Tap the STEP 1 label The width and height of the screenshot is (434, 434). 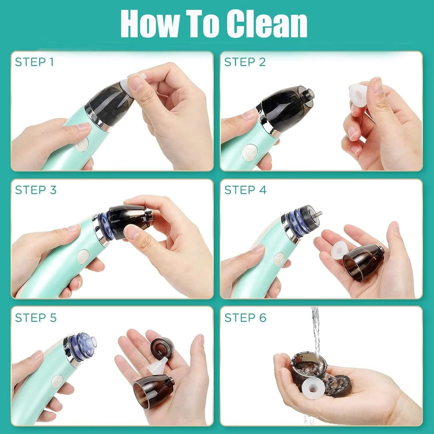(x=34, y=62)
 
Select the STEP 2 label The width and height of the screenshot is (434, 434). (x=245, y=62)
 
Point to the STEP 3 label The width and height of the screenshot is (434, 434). (x=36, y=190)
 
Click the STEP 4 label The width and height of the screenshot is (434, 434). (x=245, y=190)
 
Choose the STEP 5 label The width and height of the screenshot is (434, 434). (x=36, y=318)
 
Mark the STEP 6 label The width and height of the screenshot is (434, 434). (x=245, y=318)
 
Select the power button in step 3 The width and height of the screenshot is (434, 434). (x=83, y=257)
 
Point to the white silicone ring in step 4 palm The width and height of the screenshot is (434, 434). (x=339, y=249)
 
